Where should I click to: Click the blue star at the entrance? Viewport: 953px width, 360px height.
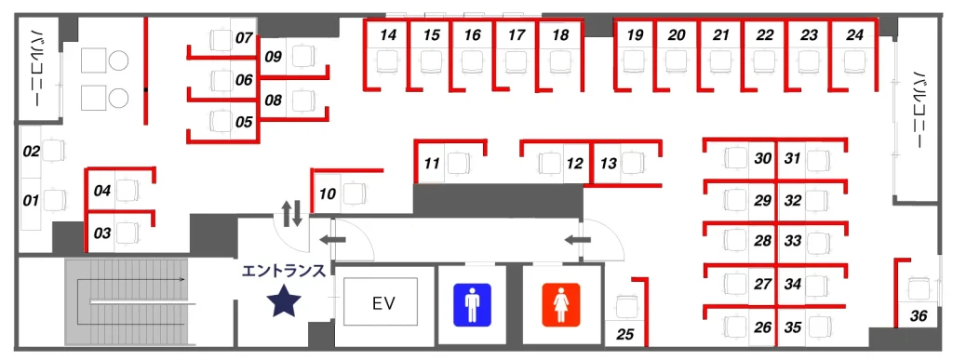[x=283, y=302]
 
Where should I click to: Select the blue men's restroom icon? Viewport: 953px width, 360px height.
[x=472, y=304]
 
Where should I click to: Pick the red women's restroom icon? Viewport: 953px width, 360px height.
[x=561, y=304]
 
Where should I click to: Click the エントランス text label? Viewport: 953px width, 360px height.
[x=284, y=272]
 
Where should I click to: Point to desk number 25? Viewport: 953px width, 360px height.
[x=626, y=333]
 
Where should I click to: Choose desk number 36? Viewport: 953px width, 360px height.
[x=919, y=316]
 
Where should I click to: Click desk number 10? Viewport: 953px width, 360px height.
[x=327, y=195]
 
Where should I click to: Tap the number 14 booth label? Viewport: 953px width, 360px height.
[x=390, y=35]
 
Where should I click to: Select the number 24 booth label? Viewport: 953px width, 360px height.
[x=854, y=35]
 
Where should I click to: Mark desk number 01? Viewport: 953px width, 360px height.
[x=31, y=201]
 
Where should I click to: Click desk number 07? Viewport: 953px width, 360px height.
[x=244, y=39]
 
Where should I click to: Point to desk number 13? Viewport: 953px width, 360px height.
[x=609, y=164]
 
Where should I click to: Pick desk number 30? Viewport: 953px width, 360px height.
[x=763, y=159]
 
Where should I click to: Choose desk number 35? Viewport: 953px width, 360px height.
[x=793, y=327]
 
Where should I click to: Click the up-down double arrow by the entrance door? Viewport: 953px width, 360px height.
[x=292, y=213]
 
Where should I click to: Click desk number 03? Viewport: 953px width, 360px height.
[x=103, y=233]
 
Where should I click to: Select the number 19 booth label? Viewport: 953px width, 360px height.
[x=635, y=35]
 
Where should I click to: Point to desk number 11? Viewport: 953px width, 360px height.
[x=432, y=164]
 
